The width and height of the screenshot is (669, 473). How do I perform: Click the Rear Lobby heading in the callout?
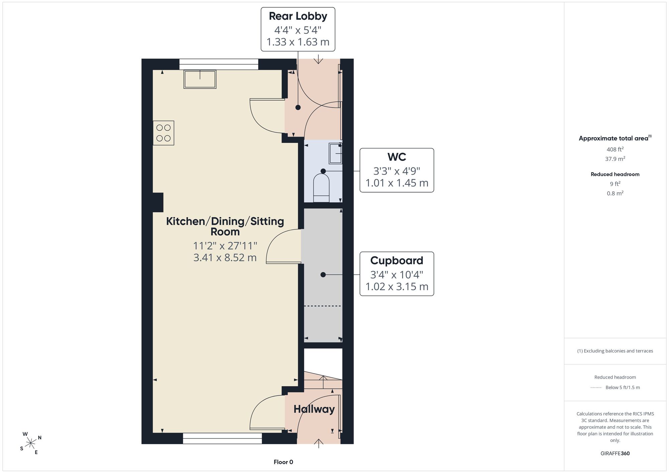(x=298, y=16)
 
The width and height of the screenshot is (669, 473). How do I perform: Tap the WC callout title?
(x=397, y=157)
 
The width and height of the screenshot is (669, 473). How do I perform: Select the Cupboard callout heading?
(x=397, y=261)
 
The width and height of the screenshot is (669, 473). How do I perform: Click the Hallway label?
(x=314, y=409)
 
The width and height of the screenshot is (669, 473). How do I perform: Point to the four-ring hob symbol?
(x=164, y=133)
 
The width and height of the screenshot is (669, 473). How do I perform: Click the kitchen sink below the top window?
(x=200, y=79)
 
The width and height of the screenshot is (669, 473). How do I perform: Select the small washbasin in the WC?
(x=336, y=153)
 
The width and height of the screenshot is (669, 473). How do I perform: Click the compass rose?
(x=30, y=444)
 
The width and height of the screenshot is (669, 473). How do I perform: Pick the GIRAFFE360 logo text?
(x=615, y=454)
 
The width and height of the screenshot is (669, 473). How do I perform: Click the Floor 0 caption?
(x=283, y=462)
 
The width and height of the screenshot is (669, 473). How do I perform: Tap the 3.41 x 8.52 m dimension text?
(x=225, y=258)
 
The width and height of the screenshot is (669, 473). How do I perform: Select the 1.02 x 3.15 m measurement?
(x=397, y=287)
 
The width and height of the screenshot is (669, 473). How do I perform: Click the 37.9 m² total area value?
(x=615, y=159)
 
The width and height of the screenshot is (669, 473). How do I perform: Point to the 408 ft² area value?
(x=615, y=150)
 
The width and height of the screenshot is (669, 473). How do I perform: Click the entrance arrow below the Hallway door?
(x=319, y=443)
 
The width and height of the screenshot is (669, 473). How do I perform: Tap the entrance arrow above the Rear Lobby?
(x=318, y=59)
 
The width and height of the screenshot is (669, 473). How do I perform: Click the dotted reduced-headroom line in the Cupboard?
(x=322, y=306)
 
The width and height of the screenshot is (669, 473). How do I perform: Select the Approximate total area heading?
(x=615, y=138)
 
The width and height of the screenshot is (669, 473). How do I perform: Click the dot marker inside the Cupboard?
(x=323, y=275)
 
